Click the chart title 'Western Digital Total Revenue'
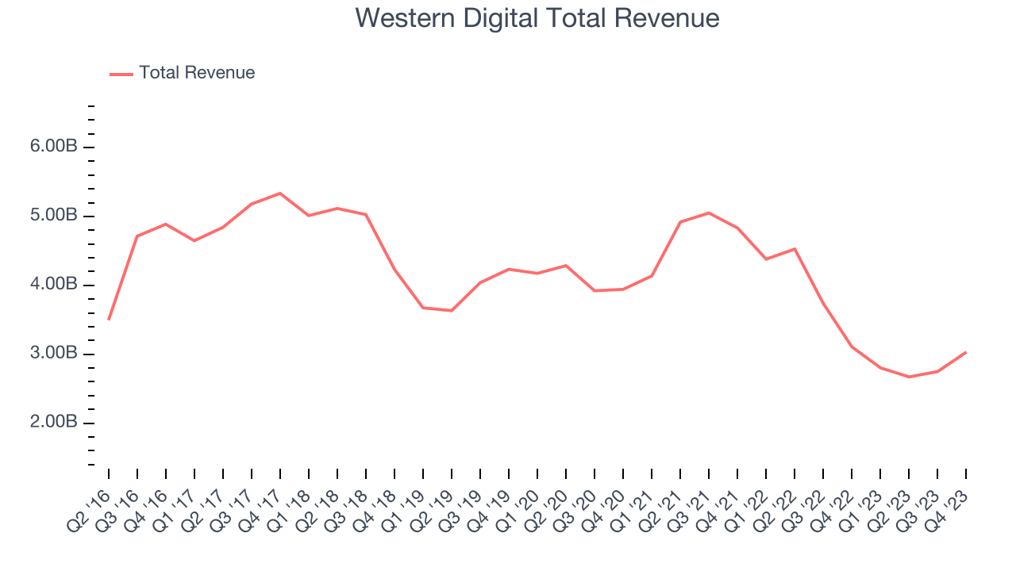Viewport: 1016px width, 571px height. click(537, 17)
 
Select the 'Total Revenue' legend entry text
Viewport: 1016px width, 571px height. click(197, 73)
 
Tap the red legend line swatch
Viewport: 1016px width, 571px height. click(121, 74)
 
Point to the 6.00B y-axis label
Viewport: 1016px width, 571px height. click(55, 148)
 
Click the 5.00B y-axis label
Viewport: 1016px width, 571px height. click(55, 217)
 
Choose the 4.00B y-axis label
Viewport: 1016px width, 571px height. click(55, 285)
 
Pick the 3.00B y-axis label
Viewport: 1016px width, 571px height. click(55, 354)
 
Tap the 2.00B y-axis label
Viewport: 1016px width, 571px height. click(55, 423)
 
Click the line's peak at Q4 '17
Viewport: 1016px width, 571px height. click(280, 193)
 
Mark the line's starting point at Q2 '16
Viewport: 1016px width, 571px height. click(109, 319)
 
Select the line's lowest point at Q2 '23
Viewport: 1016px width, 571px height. click(909, 377)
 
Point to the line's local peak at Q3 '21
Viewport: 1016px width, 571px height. click(708, 213)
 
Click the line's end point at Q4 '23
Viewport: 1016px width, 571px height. click(965, 352)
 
